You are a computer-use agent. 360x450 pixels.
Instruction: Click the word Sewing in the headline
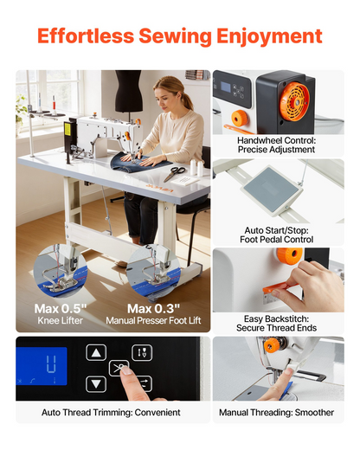point(176,37)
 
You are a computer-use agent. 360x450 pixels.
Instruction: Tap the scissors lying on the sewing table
point(174,173)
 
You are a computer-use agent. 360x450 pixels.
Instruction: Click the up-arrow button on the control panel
point(96,352)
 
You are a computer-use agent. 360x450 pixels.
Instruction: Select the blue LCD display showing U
point(42,366)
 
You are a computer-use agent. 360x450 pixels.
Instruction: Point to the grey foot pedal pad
point(271,187)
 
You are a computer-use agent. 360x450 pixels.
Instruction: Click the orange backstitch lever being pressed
point(277,288)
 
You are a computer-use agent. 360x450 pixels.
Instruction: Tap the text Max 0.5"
point(61,309)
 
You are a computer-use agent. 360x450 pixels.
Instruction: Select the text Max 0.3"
point(153,309)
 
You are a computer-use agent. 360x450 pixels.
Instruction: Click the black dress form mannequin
point(129,92)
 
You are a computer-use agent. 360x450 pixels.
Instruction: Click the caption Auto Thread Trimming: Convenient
point(111,412)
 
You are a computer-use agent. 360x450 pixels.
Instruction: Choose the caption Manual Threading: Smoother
point(276,412)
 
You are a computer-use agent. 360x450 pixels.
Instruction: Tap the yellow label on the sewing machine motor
point(67,129)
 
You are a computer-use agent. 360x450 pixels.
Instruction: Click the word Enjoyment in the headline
point(269,37)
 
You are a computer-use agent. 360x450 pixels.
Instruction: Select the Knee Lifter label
point(61,320)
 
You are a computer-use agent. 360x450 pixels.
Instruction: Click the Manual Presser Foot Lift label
point(153,320)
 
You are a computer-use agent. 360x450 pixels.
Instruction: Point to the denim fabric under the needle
point(138,163)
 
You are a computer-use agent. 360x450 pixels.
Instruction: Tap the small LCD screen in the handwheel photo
point(226,87)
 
